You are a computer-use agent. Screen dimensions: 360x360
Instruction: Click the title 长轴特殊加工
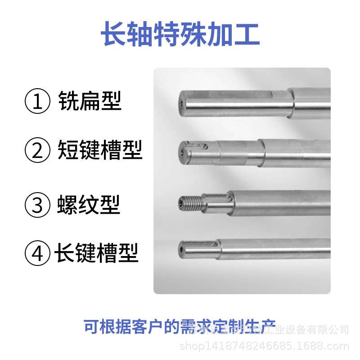(180, 36)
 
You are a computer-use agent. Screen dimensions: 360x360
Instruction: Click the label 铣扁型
(90, 102)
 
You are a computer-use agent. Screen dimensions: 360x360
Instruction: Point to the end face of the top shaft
(181, 103)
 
